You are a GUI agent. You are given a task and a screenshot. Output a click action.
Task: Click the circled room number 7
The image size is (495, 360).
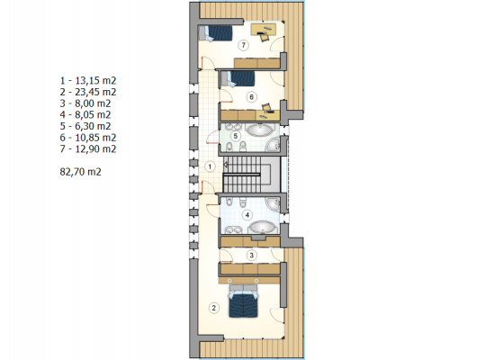click(243, 45)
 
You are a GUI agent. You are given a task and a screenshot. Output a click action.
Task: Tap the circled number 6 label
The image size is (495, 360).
click(252, 97)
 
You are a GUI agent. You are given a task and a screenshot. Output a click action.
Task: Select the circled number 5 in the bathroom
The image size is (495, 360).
click(235, 136)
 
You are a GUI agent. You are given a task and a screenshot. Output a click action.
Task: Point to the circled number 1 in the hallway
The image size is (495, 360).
click(210, 166)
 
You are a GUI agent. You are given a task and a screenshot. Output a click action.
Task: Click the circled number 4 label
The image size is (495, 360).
click(247, 215)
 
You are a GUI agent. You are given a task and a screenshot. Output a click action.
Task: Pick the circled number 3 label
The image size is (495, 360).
click(252, 256)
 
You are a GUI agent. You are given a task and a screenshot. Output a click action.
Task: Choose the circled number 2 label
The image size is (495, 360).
click(214, 308)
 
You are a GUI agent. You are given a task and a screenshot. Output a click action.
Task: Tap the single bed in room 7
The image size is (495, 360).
click(215, 33)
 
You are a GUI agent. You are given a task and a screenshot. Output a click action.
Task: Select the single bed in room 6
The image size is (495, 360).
click(238, 79)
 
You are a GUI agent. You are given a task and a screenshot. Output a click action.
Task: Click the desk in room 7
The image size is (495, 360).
click(264, 30)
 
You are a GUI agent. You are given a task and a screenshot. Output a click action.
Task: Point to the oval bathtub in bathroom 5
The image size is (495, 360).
click(260, 130)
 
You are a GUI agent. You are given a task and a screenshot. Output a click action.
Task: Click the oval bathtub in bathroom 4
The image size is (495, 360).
click(262, 227)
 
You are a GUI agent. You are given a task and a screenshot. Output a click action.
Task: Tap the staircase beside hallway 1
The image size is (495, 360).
click(252, 175)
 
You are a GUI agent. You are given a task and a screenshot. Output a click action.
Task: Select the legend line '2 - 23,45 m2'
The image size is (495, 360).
click(88, 92)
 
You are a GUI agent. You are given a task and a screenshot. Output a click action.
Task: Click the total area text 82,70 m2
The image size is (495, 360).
click(80, 172)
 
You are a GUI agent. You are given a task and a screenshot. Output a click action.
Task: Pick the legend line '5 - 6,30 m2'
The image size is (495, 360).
click(85, 126)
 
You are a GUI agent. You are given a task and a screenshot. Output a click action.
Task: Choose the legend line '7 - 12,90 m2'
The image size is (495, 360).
click(88, 148)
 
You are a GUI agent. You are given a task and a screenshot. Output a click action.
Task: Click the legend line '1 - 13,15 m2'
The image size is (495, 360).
click(88, 80)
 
